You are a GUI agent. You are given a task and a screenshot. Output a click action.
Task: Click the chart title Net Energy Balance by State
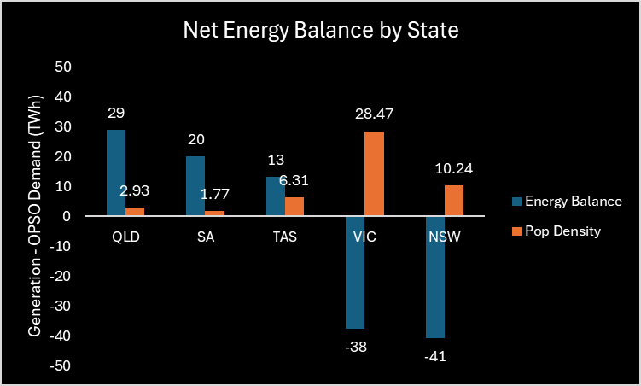(321, 32)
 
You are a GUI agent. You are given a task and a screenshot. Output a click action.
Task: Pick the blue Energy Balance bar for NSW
(435, 278)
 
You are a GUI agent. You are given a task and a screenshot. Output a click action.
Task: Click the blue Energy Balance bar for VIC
(355, 272)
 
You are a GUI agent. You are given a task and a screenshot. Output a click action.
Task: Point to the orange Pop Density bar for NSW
(454, 201)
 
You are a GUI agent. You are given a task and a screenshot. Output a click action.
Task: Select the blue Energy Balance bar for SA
(195, 186)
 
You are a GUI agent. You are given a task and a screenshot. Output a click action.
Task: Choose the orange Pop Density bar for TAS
(294, 207)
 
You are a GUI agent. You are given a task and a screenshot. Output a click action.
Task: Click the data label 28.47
(375, 114)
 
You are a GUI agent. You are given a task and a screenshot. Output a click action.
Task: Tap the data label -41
(435, 355)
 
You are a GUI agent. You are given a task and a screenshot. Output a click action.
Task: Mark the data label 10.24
(454, 168)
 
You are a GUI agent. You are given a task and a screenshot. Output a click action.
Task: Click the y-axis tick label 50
(64, 67)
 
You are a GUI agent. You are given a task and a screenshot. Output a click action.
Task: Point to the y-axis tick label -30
(61, 307)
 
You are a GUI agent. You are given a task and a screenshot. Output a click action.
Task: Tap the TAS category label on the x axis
(285, 237)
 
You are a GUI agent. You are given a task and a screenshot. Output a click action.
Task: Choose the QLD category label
(125, 237)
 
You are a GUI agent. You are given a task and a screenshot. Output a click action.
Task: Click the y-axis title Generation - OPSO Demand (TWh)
(35, 216)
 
